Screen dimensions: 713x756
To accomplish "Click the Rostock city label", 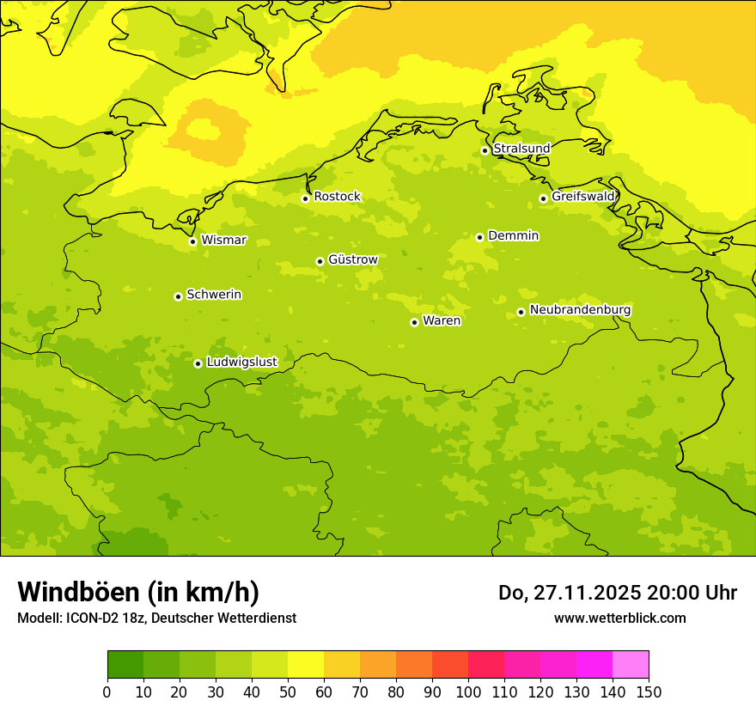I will tap(337, 197).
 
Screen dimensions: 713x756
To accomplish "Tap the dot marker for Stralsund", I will tap(485, 150).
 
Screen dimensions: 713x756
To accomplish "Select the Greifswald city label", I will tap(583, 197).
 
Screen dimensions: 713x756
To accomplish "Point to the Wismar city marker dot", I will tap(192, 241).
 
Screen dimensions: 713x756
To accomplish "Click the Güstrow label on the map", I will tap(352, 259).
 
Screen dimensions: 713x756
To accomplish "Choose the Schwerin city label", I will tap(214, 295).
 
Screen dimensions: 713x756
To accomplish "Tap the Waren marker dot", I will tap(414, 322).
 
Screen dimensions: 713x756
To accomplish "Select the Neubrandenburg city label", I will tap(580, 309).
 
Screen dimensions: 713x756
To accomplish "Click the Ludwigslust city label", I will tap(241, 363).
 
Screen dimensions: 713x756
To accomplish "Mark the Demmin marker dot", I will tap(479, 237).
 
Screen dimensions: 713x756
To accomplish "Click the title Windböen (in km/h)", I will tap(138, 592).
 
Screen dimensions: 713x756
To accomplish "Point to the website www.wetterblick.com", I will tap(619, 618).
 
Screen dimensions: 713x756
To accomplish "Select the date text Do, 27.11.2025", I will tap(567, 593).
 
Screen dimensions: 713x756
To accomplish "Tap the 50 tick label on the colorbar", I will tap(288, 692).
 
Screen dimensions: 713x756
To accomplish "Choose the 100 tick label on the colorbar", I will tap(468, 692).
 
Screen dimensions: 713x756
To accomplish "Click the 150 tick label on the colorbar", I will tap(649, 692).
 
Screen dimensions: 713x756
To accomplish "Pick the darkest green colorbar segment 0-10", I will tap(125, 665).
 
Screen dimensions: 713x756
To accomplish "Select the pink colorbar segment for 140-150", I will tap(631, 665).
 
